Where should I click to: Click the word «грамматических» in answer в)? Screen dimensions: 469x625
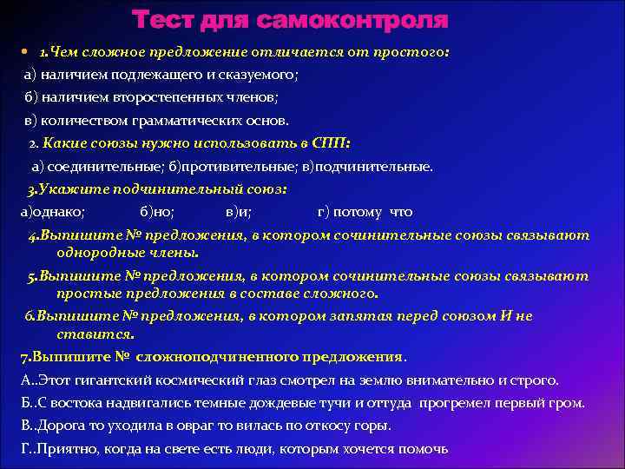tap(181, 121)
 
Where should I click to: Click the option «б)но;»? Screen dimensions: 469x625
tap(157, 211)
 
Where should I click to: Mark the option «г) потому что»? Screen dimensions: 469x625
tap(365, 211)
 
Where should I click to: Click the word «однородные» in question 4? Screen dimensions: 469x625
tap(96, 253)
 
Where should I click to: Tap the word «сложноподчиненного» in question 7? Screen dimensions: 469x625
tap(227, 357)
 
